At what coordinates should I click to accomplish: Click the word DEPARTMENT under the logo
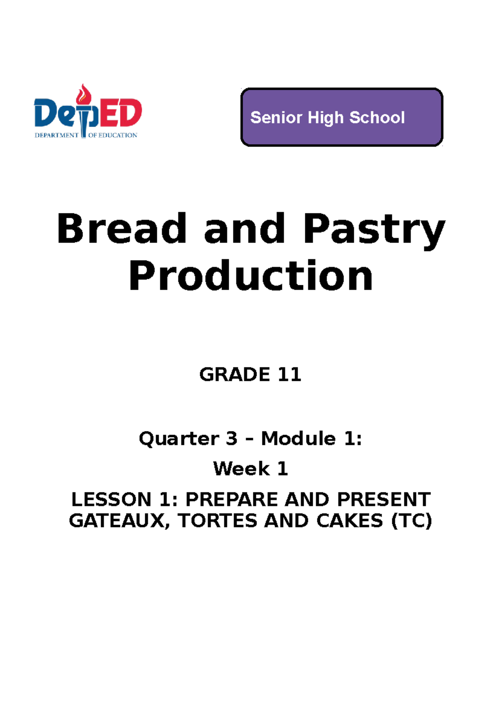coord(56,135)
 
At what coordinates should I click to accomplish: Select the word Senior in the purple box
coord(276,118)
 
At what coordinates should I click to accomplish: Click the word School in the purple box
coord(377,118)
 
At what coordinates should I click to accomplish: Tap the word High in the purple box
coord(326,118)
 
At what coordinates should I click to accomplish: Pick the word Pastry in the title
coord(374,230)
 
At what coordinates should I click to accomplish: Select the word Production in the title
coord(251,276)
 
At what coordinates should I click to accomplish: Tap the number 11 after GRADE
coord(289,375)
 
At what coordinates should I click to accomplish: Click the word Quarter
coord(179,439)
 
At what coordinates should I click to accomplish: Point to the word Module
coord(298,439)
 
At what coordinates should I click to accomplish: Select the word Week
coord(241,469)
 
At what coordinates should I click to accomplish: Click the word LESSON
coord(111,499)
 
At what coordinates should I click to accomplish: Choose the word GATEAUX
coord(117,521)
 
